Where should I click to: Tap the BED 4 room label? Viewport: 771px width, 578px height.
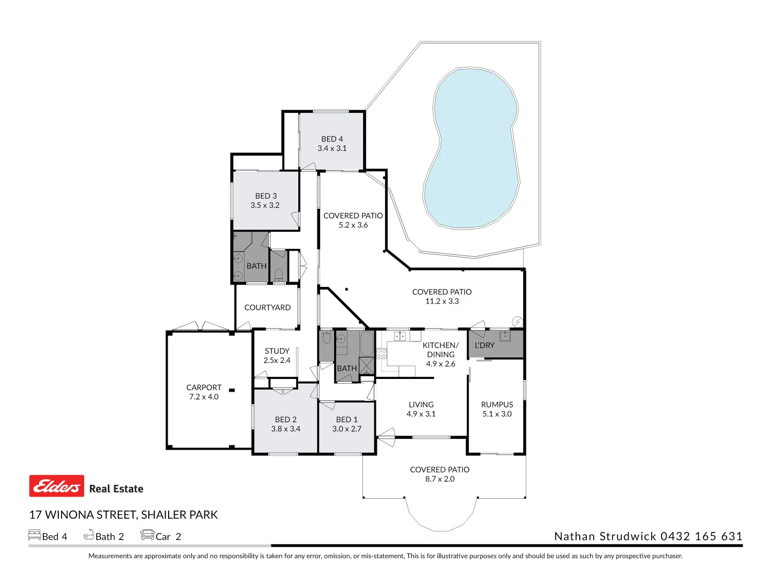pos(332,139)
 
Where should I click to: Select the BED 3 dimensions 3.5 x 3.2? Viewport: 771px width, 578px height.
pos(265,206)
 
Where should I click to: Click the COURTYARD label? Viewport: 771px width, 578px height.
pos(267,308)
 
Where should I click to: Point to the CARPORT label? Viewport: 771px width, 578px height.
pos(203,387)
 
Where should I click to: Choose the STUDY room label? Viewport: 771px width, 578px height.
pos(277,351)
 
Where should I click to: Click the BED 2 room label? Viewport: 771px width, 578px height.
pos(285,420)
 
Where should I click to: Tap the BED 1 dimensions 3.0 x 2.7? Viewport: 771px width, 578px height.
pos(346,429)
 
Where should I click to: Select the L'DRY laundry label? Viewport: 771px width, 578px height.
pos(484,346)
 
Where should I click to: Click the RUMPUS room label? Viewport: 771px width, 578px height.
pos(497,405)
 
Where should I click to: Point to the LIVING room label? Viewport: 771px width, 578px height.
pos(421,405)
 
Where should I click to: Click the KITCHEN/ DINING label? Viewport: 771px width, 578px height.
pos(441,350)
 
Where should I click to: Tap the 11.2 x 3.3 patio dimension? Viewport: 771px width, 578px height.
pos(442,301)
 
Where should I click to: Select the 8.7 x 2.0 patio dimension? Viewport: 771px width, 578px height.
pos(440,479)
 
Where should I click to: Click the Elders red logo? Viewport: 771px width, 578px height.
pos(57,486)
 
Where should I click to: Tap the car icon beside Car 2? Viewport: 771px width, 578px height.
pos(147,535)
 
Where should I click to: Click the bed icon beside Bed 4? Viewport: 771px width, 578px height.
pos(34,535)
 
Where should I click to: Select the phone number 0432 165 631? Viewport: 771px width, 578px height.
pos(701,536)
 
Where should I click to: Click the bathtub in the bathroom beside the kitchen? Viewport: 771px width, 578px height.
pos(367,344)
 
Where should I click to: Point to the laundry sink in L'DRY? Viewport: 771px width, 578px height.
pos(504,336)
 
